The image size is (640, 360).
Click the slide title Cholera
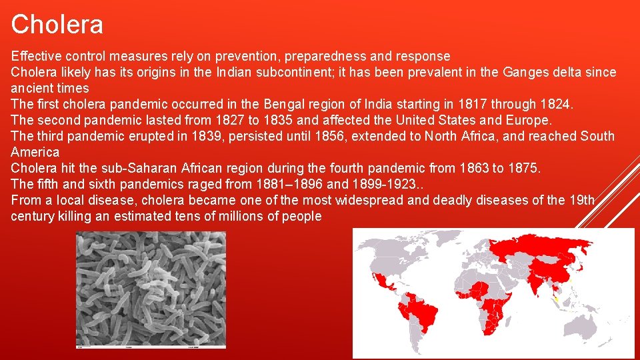(57, 25)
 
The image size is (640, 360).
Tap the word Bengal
(284, 104)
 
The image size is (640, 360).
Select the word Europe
(529, 120)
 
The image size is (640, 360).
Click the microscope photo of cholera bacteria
(151, 289)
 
